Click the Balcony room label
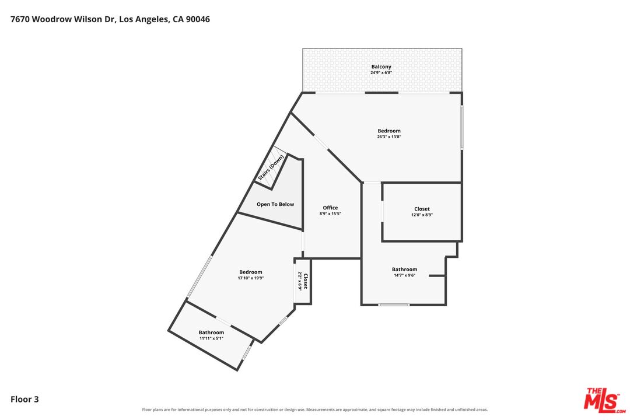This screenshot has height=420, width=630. point(381,66)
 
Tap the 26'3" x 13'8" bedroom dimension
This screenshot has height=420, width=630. point(389,136)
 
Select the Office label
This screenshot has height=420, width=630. point(330,208)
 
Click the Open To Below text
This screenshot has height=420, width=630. point(275,204)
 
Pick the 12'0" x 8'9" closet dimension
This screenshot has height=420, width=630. point(422,215)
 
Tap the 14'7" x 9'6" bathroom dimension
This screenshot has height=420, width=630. point(404,275)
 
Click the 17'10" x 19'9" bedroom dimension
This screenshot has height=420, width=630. point(251,278)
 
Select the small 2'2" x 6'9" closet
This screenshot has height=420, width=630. point(303,281)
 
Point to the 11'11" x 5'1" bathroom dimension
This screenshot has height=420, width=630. point(211,338)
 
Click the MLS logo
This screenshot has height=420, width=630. point(605,400)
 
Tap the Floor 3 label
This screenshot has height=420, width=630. point(24,399)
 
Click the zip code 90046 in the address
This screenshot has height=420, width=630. point(197,19)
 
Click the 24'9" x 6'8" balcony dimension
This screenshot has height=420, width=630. point(381,73)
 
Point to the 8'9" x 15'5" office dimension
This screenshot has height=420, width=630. point(330,214)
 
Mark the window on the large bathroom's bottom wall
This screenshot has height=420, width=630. point(394,304)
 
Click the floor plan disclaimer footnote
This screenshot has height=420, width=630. point(315,409)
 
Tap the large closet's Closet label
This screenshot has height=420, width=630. point(422,209)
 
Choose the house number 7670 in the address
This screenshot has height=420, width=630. point(20,19)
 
